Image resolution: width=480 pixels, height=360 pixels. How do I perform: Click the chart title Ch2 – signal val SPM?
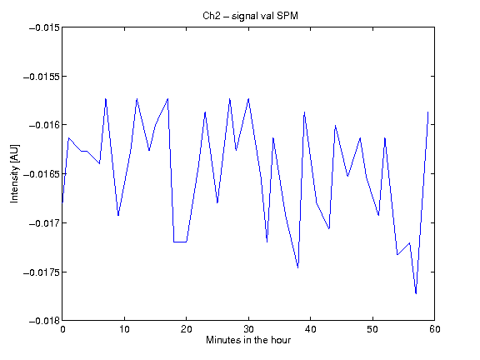tap(250, 16)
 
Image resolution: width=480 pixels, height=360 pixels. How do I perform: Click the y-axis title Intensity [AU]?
tap(14, 173)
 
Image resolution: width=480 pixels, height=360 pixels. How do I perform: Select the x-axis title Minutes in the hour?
tap(248, 340)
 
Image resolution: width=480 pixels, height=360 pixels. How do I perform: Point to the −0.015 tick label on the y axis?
tap(44, 27)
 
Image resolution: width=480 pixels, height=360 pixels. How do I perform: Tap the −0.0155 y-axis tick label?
tap(42, 77)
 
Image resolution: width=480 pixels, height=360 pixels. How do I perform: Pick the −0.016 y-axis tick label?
tap(44, 125)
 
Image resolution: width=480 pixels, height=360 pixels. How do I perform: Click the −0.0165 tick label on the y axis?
tap(42, 174)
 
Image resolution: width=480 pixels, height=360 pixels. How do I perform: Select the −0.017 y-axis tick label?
tap(44, 223)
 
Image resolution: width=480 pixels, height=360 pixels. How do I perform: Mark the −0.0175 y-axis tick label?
tap(42, 272)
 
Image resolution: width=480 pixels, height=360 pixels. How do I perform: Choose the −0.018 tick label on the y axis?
tap(44, 321)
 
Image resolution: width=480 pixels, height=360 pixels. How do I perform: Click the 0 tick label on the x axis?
tap(62, 329)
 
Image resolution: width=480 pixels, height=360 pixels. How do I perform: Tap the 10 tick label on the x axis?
tap(125, 329)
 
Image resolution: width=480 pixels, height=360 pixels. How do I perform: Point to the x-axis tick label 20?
tap(187, 329)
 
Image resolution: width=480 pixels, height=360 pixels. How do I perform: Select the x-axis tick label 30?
tap(248, 329)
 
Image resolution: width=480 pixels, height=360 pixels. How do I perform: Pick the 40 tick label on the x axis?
tap(310, 329)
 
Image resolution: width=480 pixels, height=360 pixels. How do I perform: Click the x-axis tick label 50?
tap(372, 329)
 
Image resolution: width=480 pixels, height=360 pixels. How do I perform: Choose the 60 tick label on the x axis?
tap(435, 329)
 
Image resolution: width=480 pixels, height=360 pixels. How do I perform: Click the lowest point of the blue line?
tap(416, 293)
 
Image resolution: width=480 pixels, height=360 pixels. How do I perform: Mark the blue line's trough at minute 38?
tap(298, 267)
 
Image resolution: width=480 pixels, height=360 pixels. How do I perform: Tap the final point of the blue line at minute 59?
tap(428, 112)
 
